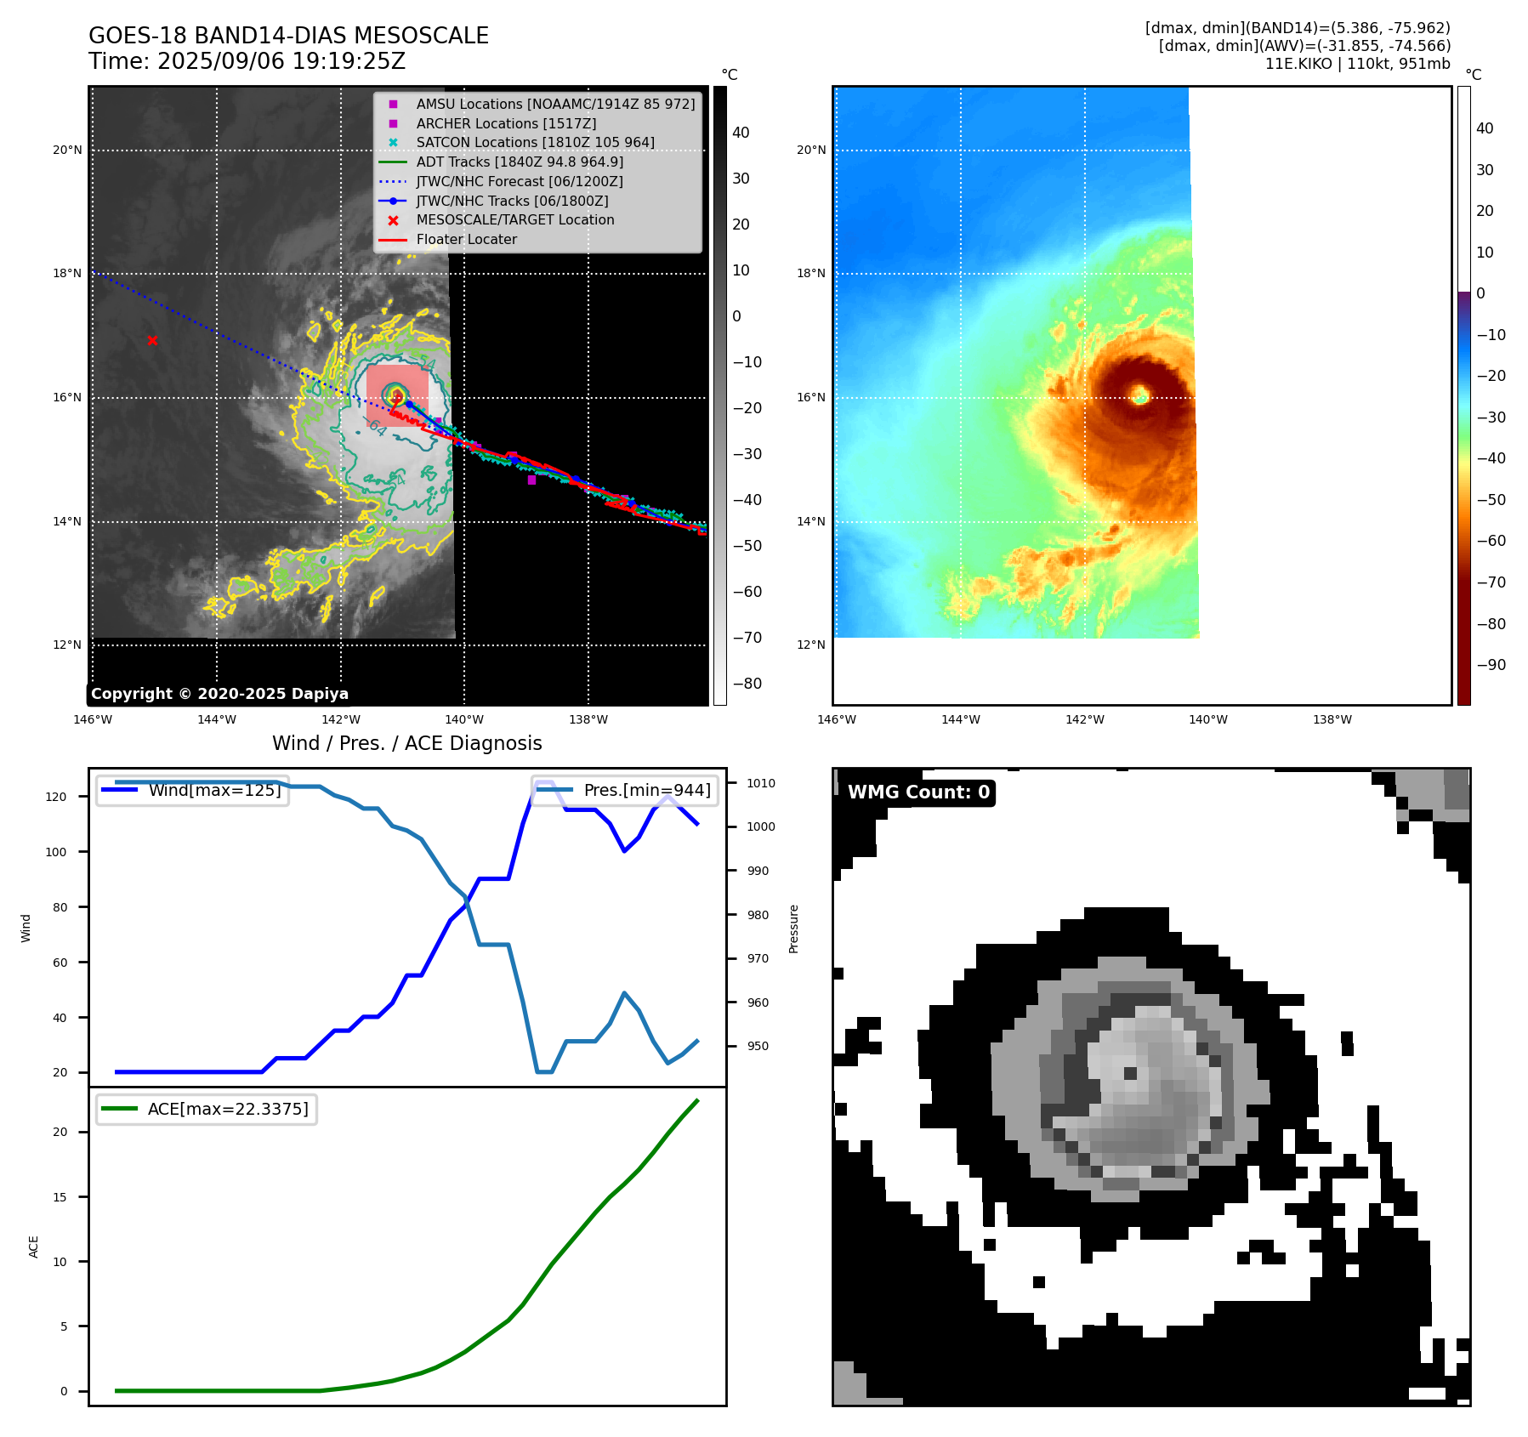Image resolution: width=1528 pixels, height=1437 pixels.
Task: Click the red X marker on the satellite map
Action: coord(152,340)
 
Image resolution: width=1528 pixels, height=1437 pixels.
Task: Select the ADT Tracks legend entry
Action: coord(519,162)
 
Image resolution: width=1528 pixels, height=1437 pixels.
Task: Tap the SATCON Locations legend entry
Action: coord(535,142)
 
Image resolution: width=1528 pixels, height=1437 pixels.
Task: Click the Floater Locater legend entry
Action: coord(466,239)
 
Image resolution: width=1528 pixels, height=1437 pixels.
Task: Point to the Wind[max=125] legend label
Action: coord(214,790)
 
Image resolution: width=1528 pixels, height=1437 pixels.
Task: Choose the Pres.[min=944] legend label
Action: coord(647,790)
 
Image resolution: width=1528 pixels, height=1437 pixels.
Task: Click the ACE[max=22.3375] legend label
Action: coord(228,1109)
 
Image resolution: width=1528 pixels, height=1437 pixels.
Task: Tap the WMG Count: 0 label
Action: coord(918,792)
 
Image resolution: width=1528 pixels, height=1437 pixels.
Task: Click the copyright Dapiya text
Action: coord(219,694)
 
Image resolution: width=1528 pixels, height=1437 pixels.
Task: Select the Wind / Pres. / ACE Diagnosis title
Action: coord(406,743)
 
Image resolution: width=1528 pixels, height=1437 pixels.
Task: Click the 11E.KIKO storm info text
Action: coord(1357,64)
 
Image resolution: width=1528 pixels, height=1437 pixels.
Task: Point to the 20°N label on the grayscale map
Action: coord(68,151)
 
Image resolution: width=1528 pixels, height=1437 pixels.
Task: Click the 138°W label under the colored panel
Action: coord(1332,719)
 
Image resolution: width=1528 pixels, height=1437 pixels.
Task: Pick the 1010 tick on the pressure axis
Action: coord(761,783)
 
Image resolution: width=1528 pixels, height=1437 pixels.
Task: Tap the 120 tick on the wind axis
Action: coord(56,797)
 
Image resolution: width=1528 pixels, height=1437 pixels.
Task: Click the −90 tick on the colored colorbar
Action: coord(1490,665)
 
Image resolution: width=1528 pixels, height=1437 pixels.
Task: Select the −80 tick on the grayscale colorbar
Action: coord(747,684)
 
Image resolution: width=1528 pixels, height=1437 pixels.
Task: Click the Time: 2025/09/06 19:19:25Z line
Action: coord(247,62)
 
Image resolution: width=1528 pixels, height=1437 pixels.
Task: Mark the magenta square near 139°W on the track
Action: coord(531,480)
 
